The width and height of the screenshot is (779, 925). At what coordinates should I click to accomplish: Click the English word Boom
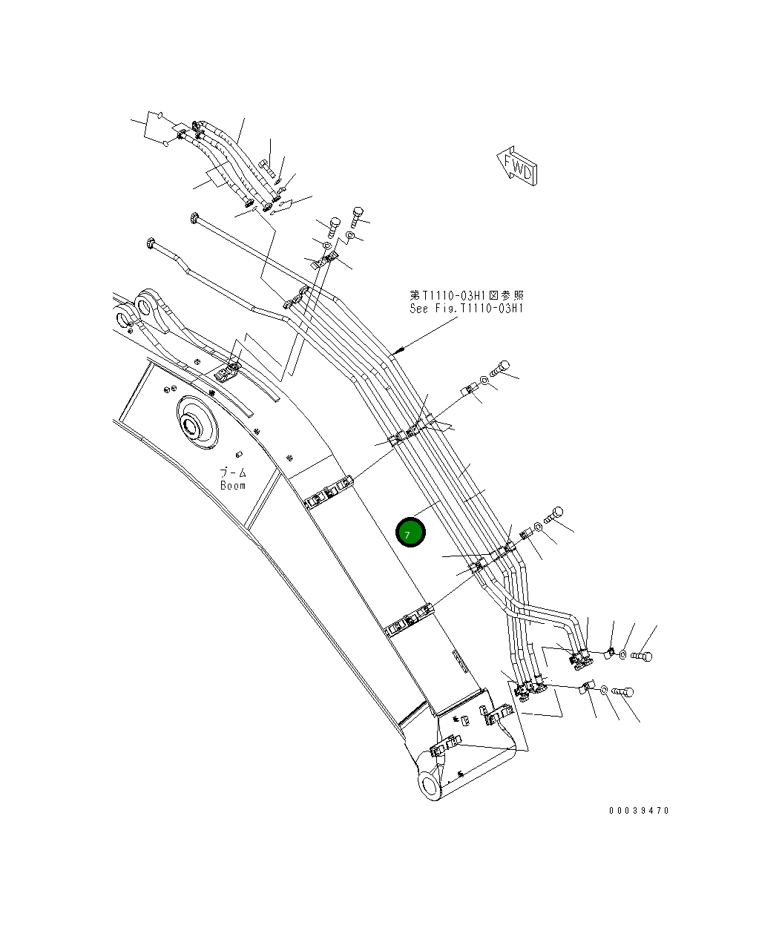[233, 486]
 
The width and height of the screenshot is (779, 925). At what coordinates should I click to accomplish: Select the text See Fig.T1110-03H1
[466, 309]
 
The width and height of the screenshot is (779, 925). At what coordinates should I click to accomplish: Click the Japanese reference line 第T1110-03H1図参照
[466, 296]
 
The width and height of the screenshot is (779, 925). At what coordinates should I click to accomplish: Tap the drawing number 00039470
[639, 811]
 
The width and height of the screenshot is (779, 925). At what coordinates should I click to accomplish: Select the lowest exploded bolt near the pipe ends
[624, 692]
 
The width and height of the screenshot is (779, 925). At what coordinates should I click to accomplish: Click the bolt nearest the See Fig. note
[502, 366]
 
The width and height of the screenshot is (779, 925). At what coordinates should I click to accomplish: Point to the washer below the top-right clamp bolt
[352, 237]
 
